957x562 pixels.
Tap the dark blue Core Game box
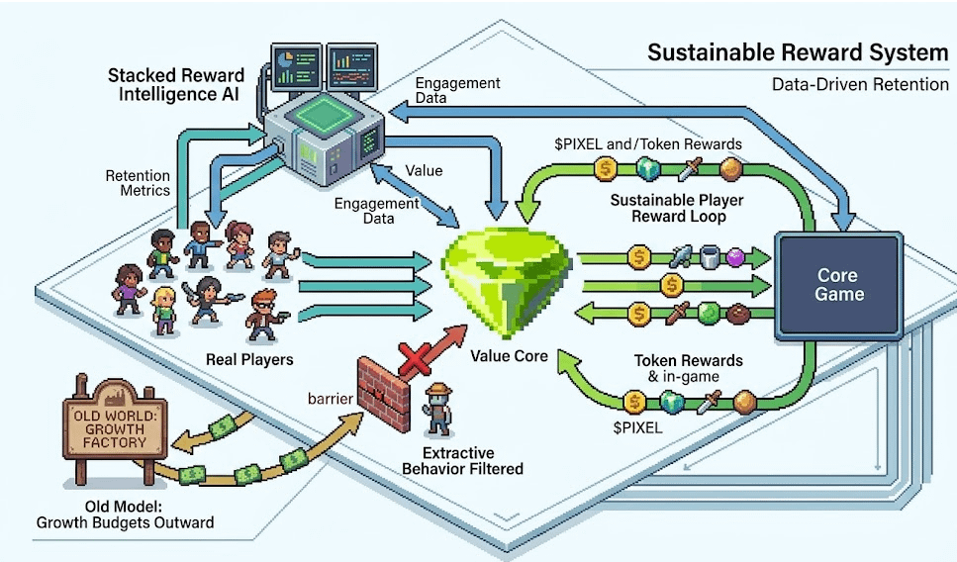click(x=839, y=285)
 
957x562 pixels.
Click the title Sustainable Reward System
click(x=798, y=52)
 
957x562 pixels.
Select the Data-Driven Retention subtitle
click(x=859, y=84)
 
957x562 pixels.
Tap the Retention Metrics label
click(x=138, y=182)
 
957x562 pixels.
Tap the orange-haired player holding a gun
click(x=264, y=313)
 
